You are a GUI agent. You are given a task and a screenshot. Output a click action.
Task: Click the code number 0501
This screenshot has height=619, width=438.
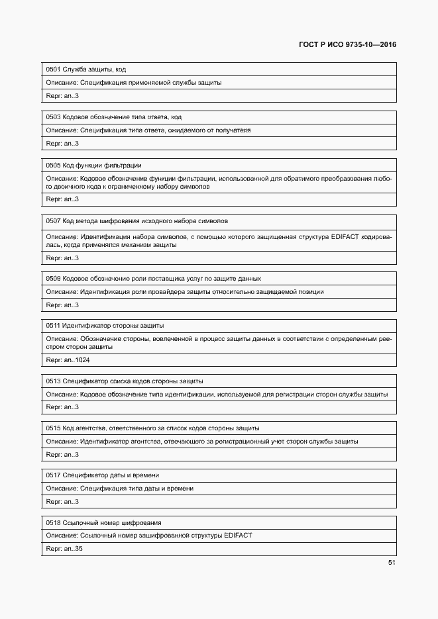tap(53, 69)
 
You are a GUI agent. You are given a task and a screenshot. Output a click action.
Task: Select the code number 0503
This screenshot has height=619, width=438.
tap(53, 117)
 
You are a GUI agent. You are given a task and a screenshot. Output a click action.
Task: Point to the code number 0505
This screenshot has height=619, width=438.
tap(53, 165)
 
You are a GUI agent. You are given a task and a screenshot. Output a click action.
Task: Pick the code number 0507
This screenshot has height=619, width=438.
tap(53, 220)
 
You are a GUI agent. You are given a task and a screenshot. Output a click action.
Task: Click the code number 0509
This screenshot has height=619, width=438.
tap(53, 278)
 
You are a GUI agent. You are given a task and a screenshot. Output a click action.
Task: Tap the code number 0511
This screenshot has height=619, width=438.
tap(53, 326)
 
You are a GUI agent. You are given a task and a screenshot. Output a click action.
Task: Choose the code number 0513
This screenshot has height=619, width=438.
tap(53, 381)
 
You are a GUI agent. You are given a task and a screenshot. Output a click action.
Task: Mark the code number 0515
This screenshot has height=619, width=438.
tap(53, 428)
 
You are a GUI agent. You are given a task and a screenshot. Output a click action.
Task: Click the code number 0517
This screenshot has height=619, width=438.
tap(53, 475)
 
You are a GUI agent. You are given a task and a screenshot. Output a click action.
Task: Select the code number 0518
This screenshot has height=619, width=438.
tap(53, 522)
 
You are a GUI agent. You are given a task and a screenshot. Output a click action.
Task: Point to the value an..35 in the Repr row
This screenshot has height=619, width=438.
tap(74, 549)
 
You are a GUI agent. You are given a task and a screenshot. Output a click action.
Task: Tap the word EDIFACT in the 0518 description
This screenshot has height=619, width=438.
tap(238, 535)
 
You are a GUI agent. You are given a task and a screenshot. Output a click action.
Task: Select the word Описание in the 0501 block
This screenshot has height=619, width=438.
tap(62, 83)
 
